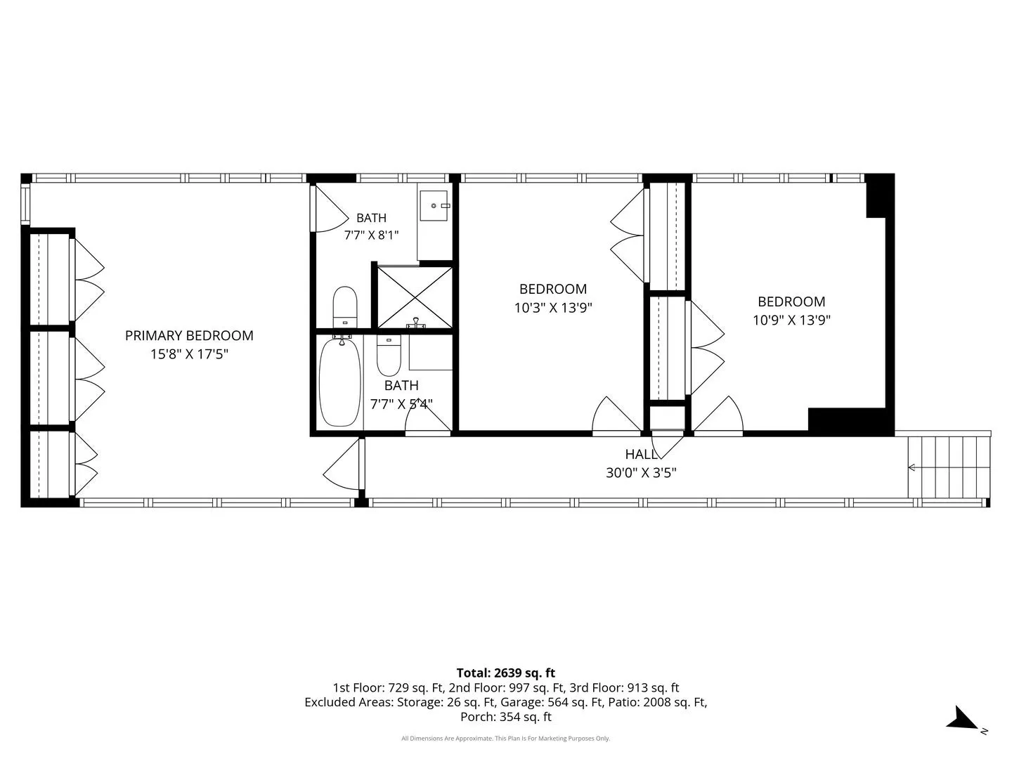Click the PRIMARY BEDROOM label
pyautogui.click(x=189, y=335)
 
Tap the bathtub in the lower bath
pyautogui.click(x=339, y=382)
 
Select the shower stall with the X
pyautogui.click(x=415, y=298)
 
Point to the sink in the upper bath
pyautogui.click(x=434, y=205)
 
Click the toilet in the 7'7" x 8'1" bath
pyautogui.click(x=345, y=307)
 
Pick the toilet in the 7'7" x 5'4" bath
pyautogui.click(x=389, y=356)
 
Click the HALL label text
pyautogui.click(x=641, y=455)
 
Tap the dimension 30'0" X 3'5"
pyautogui.click(x=641, y=473)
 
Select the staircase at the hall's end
pyautogui.click(x=949, y=467)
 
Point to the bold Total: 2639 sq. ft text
pyautogui.click(x=506, y=673)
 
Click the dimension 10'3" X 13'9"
pyautogui.click(x=553, y=307)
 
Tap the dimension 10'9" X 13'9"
pyautogui.click(x=791, y=320)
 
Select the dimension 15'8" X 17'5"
pyautogui.click(x=189, y=354)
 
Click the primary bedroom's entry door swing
pyautogui.click(x=343, y=465)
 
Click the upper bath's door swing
pyautogui.click(x=330, y=209)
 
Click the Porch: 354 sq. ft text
pyautogui.click(x=506, y=717)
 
